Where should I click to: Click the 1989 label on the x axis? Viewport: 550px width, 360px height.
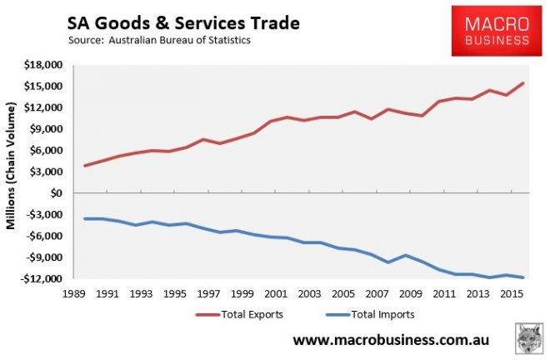click(75, 294)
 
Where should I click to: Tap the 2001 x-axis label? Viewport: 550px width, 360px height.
click(275, 294)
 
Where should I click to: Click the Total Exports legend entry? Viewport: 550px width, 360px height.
click(241, 315)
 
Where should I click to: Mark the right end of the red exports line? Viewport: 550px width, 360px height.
click(523, 83)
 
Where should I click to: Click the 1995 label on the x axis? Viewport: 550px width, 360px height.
click(174, 294)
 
